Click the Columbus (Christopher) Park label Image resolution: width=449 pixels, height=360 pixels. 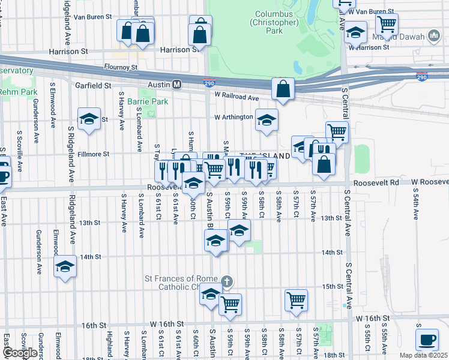(273, 22)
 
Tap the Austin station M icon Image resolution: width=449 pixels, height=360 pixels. (177, 85)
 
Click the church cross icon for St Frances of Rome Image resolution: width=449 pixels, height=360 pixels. (226, 280)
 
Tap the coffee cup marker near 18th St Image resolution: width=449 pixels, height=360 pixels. (427, 340)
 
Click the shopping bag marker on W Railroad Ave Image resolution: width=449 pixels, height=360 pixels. (283, 89)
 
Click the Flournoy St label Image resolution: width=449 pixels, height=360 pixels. (121, 67)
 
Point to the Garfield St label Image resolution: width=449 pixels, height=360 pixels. (93, 86)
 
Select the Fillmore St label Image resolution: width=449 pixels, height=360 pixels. (93, 154)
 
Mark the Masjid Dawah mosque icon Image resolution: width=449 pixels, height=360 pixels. (434, 37)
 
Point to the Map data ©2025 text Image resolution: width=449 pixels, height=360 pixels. (423, 355)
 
